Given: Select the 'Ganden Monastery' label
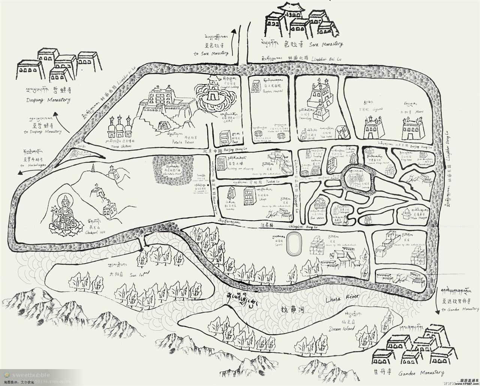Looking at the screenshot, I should click(x=421, y=373).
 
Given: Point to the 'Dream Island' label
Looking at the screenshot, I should click(x=342, y=329).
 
